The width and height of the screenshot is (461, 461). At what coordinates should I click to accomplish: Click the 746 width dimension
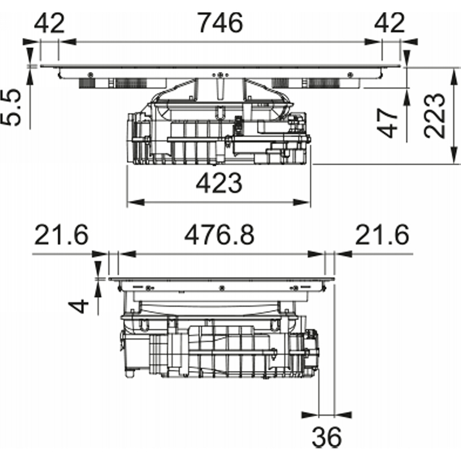[x=221, y=23]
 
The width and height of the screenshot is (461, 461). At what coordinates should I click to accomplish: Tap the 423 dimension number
[x=219, y=183]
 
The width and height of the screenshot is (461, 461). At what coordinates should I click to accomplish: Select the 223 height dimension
[x=434, y=116]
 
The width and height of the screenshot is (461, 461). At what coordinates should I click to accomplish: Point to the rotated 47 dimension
[x=387, y=123]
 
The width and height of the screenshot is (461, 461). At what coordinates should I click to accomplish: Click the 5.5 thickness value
[x=11, y=108]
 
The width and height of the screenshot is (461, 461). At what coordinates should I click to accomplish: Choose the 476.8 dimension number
[x=219, y=235]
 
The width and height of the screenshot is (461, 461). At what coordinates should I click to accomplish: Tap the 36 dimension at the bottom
[x=327, y=437]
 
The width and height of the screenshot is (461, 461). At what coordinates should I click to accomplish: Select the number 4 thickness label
[x=78, y=306]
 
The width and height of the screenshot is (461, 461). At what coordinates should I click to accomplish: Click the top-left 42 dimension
[x=49, y=23]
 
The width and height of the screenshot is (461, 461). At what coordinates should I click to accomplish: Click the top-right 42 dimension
[x=390, y=23]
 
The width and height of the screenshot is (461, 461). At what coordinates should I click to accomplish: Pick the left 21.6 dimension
[x=61, y=235]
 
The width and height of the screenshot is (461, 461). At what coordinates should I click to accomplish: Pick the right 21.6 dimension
[x=382, y=235]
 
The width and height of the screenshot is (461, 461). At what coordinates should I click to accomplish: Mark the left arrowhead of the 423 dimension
[x=136, y=202]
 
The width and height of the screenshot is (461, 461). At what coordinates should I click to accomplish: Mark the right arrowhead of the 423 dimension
[x=301, y=202]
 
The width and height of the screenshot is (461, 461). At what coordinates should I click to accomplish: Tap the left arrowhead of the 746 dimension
[x=67, y=41]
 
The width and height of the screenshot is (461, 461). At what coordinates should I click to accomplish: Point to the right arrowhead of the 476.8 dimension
[x=316, y=254]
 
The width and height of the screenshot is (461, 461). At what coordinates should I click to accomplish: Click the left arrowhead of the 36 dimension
[x=311, y=415]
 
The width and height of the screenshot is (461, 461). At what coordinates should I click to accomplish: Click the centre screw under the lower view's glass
[x=222, y=288]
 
